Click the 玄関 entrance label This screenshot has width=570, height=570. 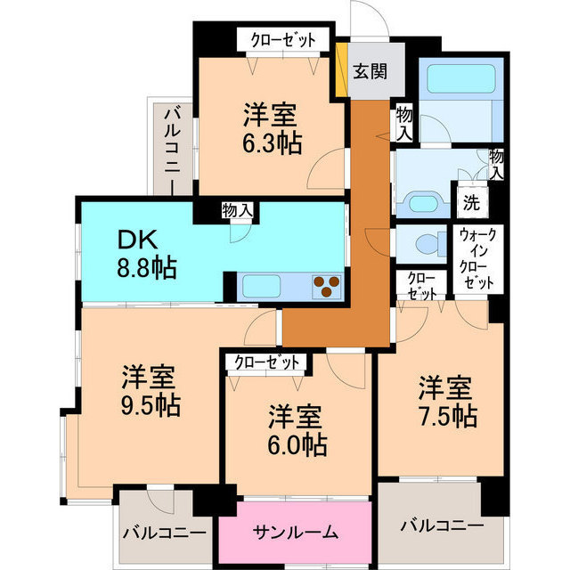point(369,72)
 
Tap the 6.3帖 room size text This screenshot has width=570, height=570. point(273,142)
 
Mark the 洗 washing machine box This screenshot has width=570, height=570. point(470,199)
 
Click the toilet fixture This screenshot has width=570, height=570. point(425,243)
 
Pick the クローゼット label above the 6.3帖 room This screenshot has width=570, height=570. point(282,39)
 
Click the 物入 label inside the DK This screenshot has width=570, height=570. point(238,211)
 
